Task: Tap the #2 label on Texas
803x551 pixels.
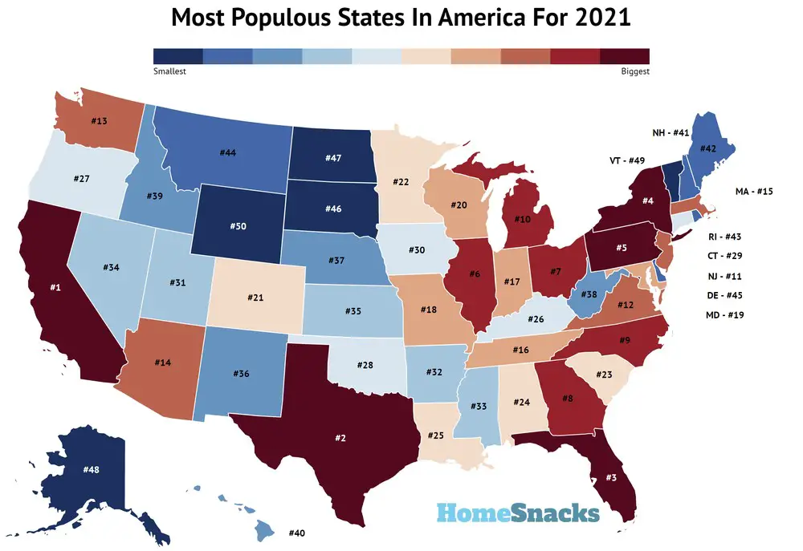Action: click(340, 438)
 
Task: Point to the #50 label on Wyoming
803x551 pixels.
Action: click(238, 227)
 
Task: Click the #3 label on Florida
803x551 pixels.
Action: click(610, 478)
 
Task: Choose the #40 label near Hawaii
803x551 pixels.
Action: click(296, 533)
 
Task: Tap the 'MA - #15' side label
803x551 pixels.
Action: click(754, 192)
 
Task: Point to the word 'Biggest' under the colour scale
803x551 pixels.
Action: click(634, 71)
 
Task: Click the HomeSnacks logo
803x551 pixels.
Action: click(518, 513)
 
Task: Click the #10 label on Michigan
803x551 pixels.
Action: click(522, 219)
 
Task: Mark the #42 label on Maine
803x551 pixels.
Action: click(707, 148)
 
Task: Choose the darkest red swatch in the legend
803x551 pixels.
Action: click(624, 55)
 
